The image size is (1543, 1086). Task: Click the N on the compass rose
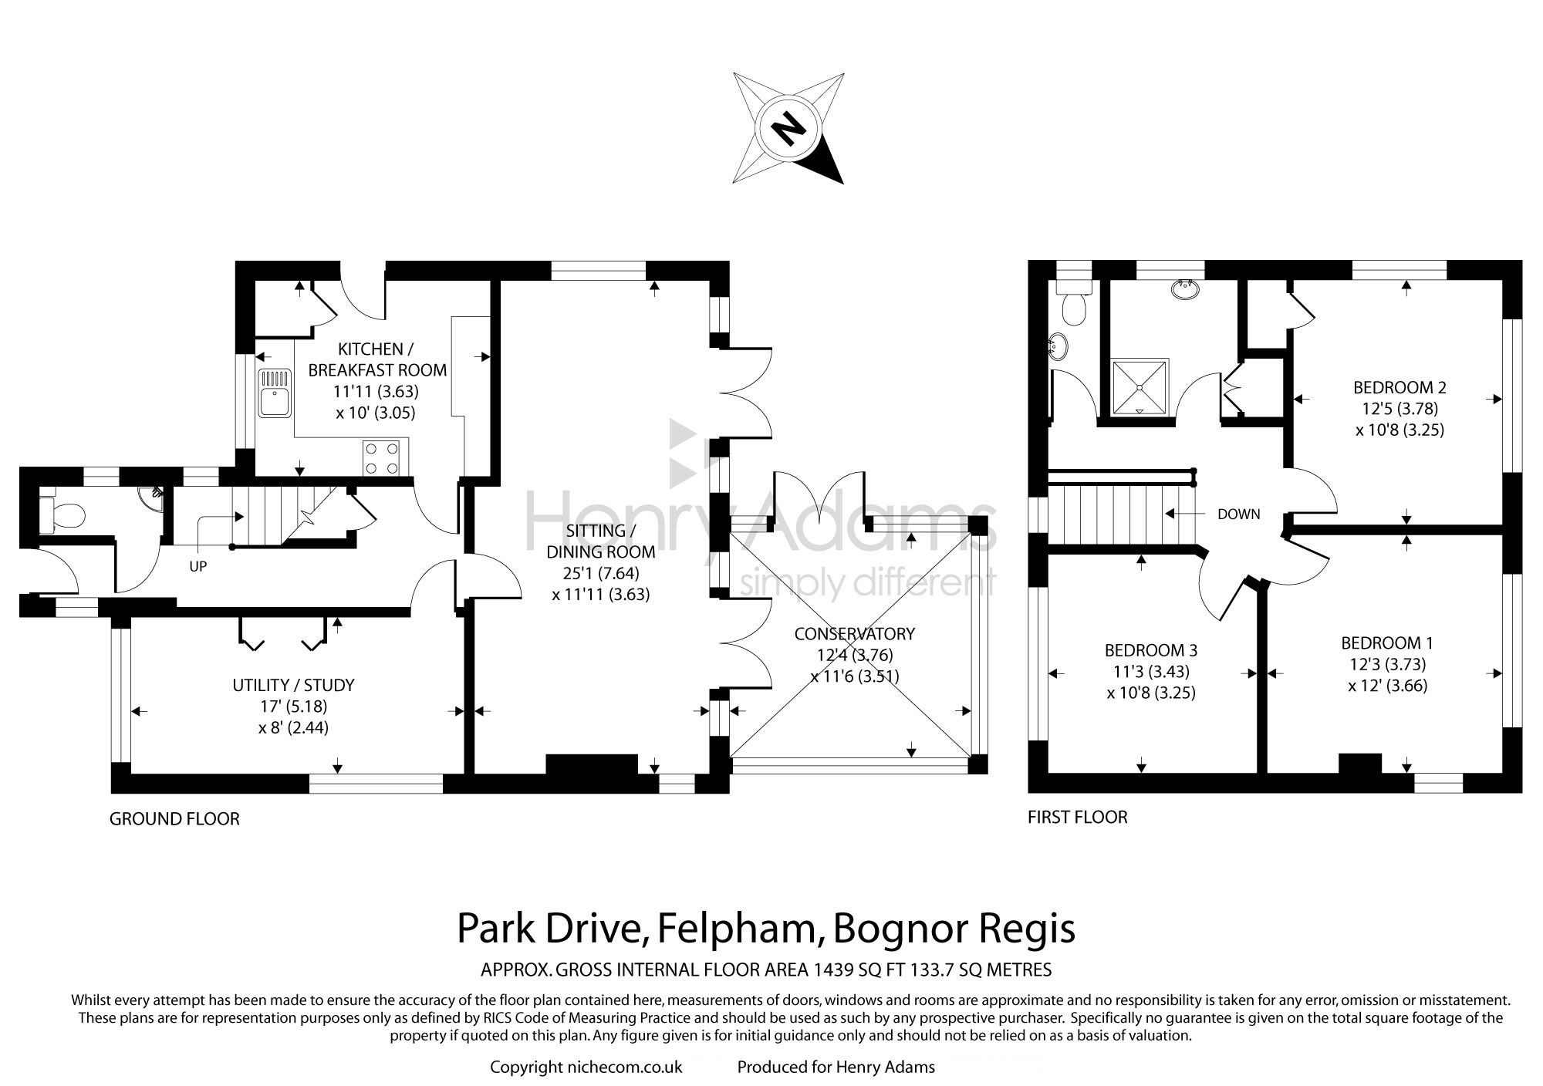(788, 129)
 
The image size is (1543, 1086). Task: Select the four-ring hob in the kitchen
(382, 457)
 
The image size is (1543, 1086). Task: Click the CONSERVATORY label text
(855, 634)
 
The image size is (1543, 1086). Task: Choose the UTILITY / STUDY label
(294, 685)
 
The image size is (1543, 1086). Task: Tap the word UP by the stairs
(198, 566)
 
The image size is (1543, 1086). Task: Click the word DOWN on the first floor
(1239, 514)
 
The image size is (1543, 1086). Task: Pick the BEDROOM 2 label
(1400, 387)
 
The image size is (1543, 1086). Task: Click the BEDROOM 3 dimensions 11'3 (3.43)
(1151, 671)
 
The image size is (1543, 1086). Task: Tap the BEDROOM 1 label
(1387, 642)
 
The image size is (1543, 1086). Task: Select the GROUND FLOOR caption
(174, 818)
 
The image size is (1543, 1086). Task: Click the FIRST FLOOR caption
(1078, 817)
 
